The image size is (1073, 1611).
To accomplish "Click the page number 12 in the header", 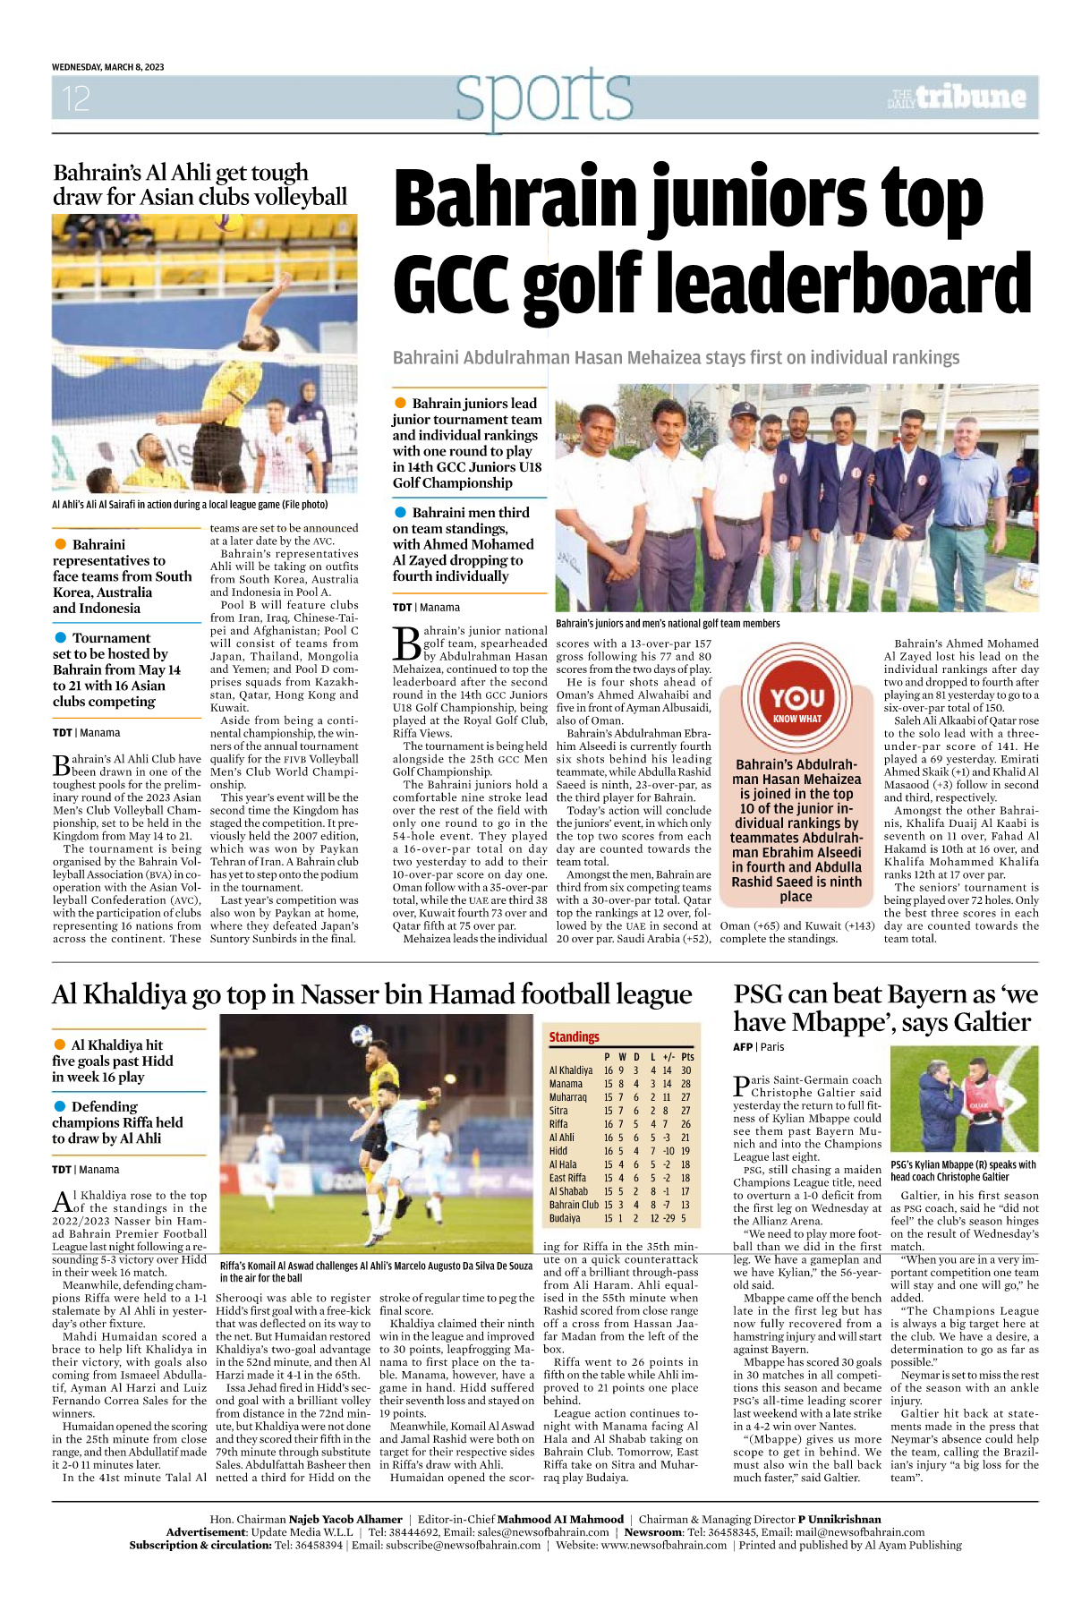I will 76,98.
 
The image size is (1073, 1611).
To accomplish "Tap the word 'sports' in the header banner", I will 543,96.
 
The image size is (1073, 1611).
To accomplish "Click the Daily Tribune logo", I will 957,97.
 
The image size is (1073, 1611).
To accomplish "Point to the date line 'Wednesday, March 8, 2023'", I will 107,67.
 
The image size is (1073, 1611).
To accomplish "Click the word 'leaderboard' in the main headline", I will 838,282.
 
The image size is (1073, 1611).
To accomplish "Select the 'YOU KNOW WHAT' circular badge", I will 796,697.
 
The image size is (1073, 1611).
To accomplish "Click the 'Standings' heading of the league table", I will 574,1036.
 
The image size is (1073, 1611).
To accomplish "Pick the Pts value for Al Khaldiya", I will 686,1070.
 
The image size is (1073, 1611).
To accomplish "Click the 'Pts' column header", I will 687,1056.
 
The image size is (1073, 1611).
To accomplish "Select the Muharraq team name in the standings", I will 567,1096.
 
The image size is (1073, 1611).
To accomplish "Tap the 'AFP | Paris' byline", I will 758,1046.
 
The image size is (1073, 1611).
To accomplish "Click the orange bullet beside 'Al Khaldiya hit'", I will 60,1044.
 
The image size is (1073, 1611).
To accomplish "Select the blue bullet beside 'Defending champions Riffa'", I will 60,1106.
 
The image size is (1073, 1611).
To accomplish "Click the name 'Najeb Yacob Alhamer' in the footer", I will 345,1519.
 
